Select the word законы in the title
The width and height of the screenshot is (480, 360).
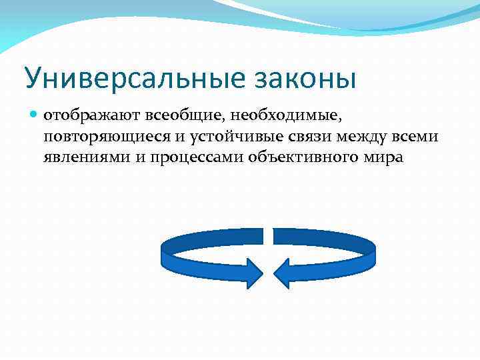point(307,79)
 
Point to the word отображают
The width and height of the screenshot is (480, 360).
point(86,117)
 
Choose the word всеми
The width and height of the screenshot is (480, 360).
point(419,138)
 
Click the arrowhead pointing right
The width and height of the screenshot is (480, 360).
point(253,273)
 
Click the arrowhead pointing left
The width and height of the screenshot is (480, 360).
point(284,273)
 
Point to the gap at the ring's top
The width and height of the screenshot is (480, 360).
point(269,235)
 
